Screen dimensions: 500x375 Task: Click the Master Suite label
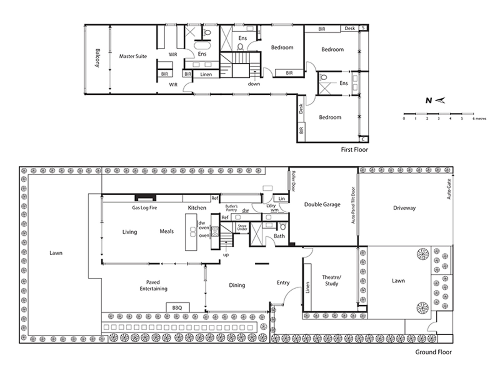coord(133,56)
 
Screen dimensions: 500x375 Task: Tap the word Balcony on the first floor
coord(97,58)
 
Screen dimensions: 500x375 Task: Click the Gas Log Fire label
coord(144,207)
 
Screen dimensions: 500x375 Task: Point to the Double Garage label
coord(322,204)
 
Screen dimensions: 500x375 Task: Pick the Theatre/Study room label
coord(332,280)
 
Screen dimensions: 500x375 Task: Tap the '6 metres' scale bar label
coord(479,119)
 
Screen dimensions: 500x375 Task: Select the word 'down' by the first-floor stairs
coord(254,84)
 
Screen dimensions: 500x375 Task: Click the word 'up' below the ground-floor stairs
coord(226,255)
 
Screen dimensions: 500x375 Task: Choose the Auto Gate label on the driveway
coord(449,189)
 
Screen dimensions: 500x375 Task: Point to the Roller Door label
coord(293,181)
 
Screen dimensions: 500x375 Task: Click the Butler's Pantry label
coord(232,208)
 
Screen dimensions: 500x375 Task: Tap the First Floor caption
coord(354,150)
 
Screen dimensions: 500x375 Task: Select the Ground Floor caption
coord(433,352)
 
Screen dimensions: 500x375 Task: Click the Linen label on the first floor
coord(206,74)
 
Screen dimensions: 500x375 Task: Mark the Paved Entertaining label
coord(153,285)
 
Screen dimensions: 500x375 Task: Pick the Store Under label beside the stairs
coord(242,227)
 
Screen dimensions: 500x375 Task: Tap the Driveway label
coord(404,208)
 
